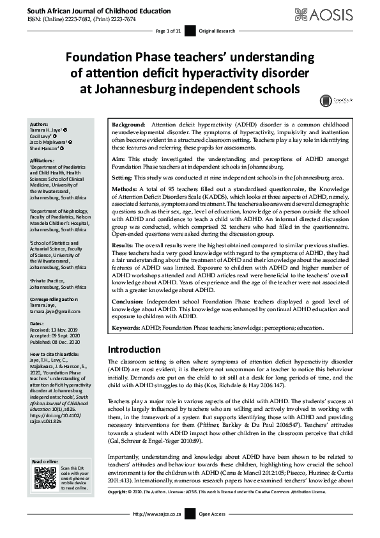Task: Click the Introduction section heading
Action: [134, 350]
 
